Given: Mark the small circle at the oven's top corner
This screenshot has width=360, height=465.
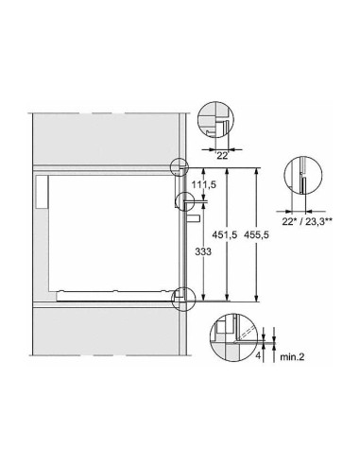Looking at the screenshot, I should pos(180,167).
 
